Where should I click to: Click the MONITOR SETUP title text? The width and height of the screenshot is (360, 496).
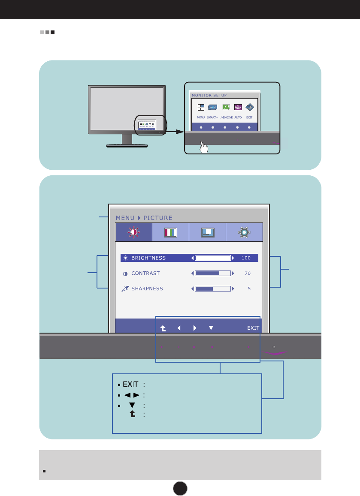209,95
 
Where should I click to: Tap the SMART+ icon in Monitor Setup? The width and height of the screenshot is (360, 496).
212,107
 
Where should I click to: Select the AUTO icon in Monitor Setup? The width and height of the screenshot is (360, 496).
238,107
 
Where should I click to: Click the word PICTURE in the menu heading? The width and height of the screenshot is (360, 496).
158,218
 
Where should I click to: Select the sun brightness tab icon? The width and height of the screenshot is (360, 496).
133,232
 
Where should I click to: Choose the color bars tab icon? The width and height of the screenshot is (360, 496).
170,232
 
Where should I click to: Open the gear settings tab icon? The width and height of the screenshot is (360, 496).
244,232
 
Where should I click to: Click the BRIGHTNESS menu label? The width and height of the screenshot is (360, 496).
148,258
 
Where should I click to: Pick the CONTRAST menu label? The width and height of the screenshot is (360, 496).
145,273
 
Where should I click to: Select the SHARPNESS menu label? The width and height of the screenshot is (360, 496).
147,289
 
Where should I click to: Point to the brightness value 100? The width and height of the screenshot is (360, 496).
246,258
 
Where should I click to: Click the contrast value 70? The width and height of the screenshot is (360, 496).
248,273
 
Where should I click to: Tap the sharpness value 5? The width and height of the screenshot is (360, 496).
249,289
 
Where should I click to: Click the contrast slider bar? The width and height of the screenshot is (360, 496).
213,273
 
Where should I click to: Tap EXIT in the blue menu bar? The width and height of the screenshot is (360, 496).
253,328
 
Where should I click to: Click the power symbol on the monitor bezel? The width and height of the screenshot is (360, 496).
274,346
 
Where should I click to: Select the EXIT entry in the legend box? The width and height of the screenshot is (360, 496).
130,384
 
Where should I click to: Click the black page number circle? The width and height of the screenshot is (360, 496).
180,487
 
